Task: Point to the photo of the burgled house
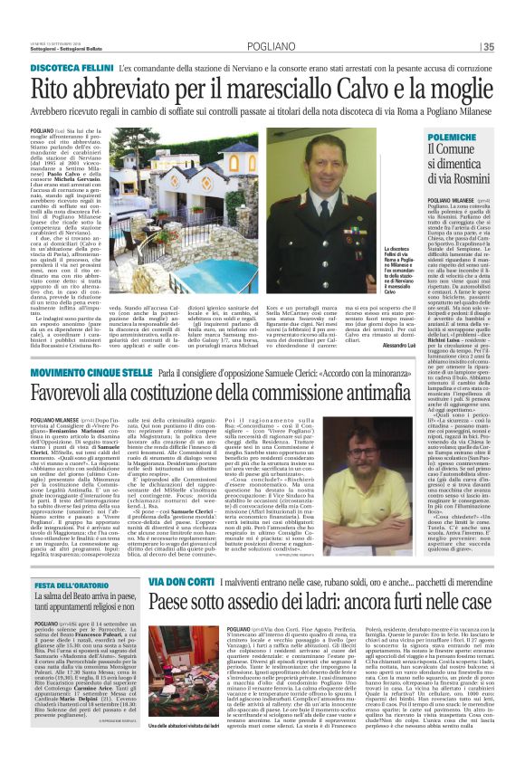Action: pyautogui.click(x=185, y=679)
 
